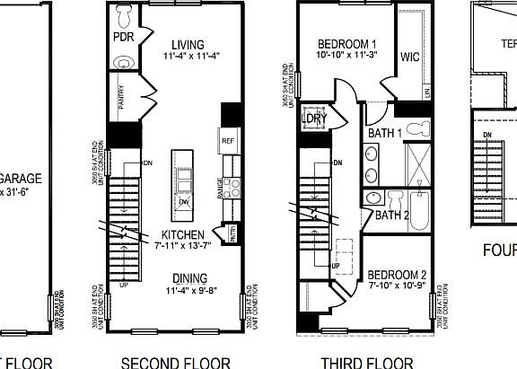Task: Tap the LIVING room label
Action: (186, 45)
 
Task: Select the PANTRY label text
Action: (121, 96)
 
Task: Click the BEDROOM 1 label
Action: (347, 45)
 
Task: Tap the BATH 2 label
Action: (392, 215)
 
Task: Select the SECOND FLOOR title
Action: (175, 363)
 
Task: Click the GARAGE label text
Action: (20, 178)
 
